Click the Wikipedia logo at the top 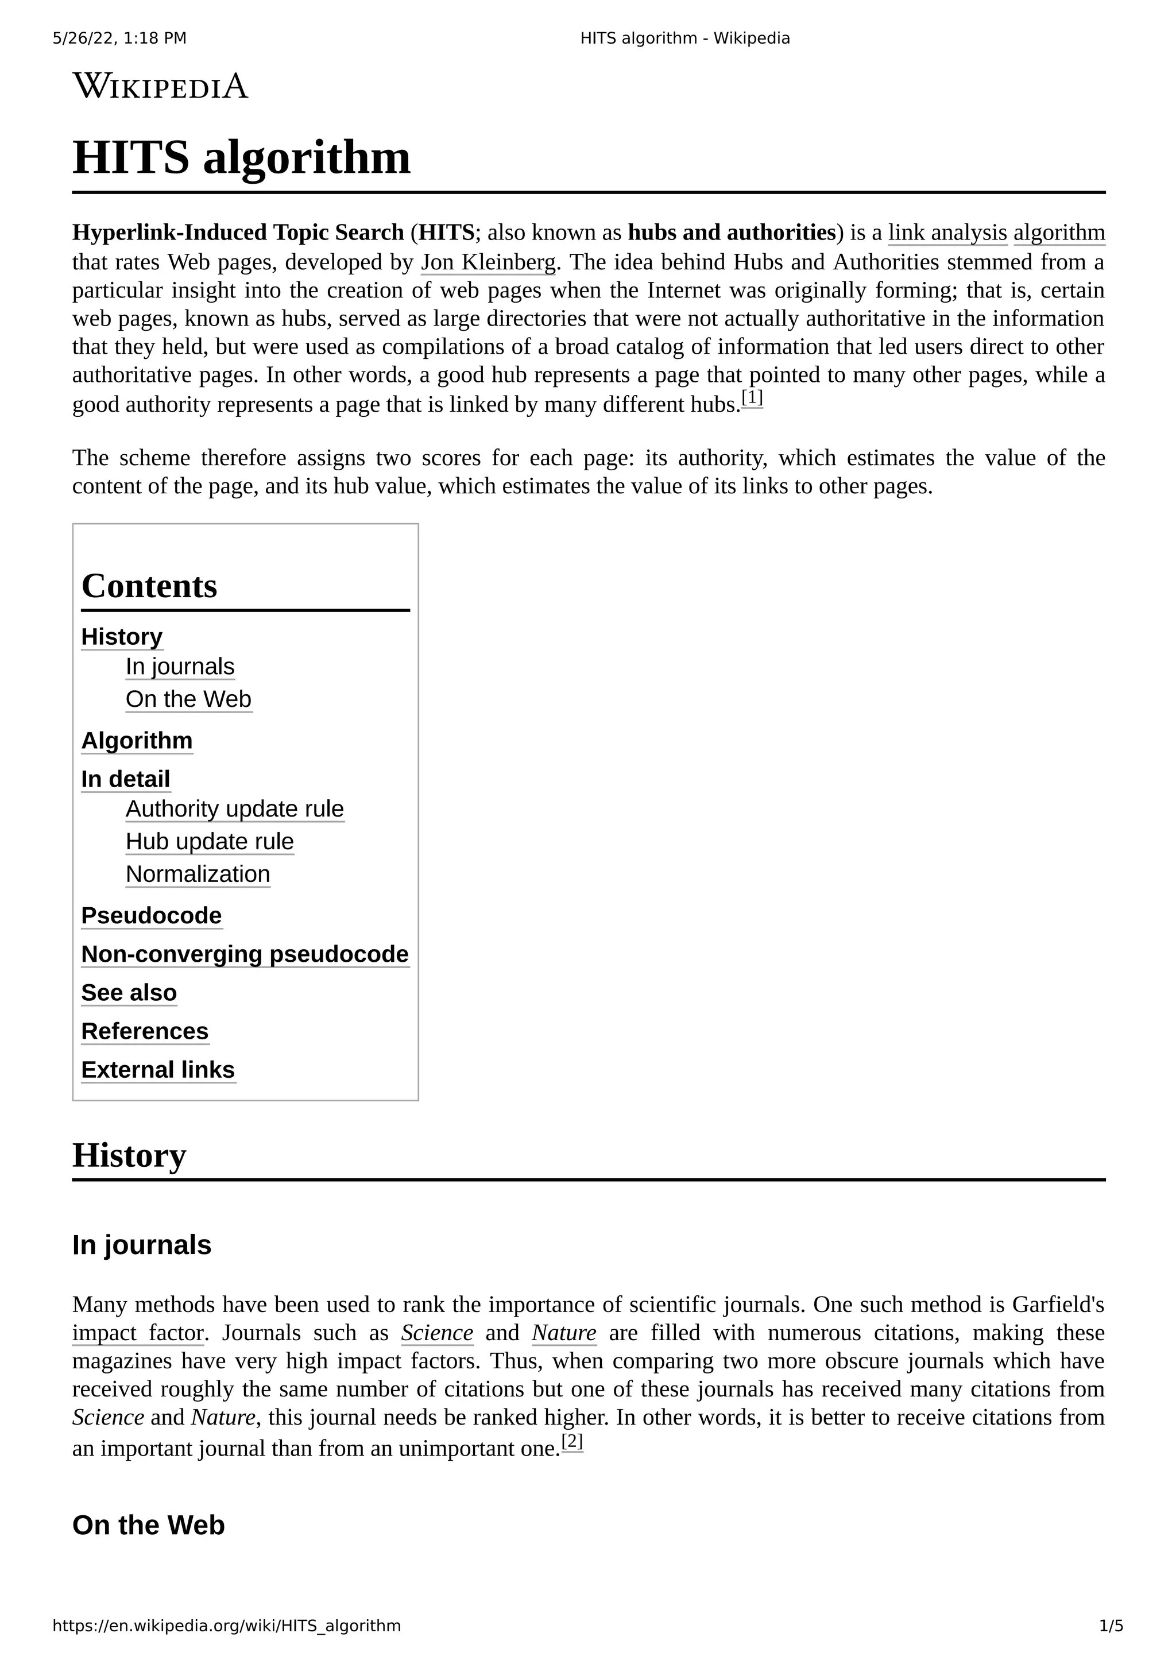(160, 86)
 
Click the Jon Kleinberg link (488, 262)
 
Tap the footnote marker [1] (752, 398)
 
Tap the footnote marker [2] (572, 1442)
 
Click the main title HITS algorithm (241, 157)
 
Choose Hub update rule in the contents (210, 841)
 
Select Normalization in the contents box (198, 874)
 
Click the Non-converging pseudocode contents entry (245, 954)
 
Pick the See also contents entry (129, 992)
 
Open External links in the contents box (158, 1070)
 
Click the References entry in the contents (145, 1031)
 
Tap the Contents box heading (149, 586)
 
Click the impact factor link (138, 1333)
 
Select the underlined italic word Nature (564, 1333)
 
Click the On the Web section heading (149, 1525)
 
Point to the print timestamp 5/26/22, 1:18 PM (119, 38)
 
